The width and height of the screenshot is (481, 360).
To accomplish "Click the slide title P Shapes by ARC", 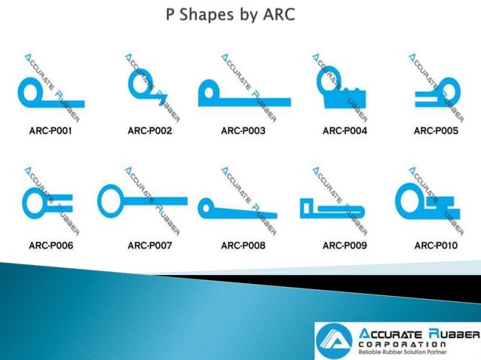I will pyautogui.click(x=231, y=14).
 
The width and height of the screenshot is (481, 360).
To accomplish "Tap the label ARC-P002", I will pyautogui.click(x=150, y=131).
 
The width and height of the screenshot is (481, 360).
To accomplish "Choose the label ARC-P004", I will pyautogui.click(x=345, y=131).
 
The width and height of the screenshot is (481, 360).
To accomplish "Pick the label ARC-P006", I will pyautogui.click(x=50, y=246).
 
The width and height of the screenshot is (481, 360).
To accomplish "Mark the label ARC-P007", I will pyautogui.click(x=150, y=246).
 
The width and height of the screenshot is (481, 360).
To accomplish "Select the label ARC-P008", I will pyautogui.click(x=243, y=246).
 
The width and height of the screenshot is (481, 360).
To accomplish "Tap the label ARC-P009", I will pyautogui.click(x=345, y=246).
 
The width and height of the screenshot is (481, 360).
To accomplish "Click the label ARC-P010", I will pyautogui.click(x=436, y=246).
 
